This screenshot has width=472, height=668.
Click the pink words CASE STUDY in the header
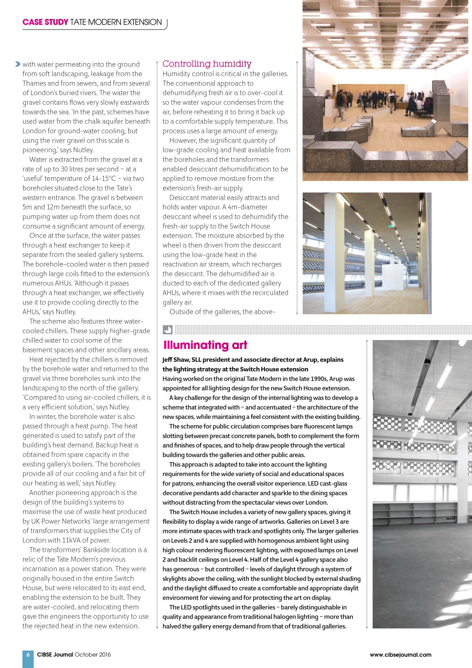coord(45,22)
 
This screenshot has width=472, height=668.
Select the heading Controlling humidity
coord(207,64)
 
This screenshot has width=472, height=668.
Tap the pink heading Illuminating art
coord(205,345)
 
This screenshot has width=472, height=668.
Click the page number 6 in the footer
coord(28,655)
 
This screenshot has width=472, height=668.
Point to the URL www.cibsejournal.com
coord(401,655)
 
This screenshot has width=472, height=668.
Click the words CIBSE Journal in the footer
coord(55,655)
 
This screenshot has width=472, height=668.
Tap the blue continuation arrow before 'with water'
coord(18,64)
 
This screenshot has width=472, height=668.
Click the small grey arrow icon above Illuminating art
coord(167,329)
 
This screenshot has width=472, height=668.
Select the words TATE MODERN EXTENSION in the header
coord(116,22)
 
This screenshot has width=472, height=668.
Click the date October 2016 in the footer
coord(93,655)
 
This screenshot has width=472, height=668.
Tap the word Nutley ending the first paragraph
coord(83,150)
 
